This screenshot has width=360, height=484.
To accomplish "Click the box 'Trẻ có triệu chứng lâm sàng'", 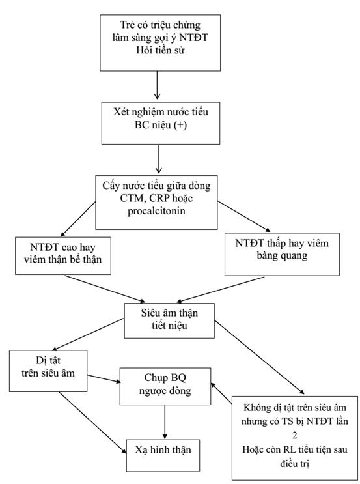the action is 160,43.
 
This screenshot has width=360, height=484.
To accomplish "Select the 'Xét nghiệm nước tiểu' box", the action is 161,123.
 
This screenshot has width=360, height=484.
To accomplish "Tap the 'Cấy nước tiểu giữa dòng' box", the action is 156,203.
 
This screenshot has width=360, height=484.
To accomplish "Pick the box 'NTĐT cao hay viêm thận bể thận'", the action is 63,256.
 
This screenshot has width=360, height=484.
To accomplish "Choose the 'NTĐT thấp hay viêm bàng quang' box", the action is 282,254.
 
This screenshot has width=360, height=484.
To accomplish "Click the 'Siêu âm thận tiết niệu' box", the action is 169,320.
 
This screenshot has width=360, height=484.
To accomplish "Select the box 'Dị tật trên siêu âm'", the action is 48,371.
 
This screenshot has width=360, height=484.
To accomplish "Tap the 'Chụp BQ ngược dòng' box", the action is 165,386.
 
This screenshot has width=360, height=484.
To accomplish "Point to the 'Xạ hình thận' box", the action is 163,455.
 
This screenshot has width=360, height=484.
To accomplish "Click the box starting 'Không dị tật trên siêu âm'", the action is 295,438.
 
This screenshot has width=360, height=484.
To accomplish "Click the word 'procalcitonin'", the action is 156,211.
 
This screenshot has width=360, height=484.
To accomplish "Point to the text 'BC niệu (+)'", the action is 161,124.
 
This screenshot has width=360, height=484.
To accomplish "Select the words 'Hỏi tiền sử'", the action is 160,50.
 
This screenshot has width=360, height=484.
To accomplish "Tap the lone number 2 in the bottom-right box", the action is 295,435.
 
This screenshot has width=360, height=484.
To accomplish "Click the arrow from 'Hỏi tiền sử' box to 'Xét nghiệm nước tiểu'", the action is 157,85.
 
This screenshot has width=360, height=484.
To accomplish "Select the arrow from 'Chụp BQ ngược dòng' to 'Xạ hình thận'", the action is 165,422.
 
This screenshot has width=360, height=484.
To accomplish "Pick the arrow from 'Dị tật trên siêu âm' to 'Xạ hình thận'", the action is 92,423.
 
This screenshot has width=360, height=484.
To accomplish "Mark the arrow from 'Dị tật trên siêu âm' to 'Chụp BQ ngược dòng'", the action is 104,378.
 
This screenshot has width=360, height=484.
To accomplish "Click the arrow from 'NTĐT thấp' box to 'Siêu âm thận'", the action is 220,289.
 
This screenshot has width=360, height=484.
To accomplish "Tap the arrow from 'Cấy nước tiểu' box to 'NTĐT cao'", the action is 78,220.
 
